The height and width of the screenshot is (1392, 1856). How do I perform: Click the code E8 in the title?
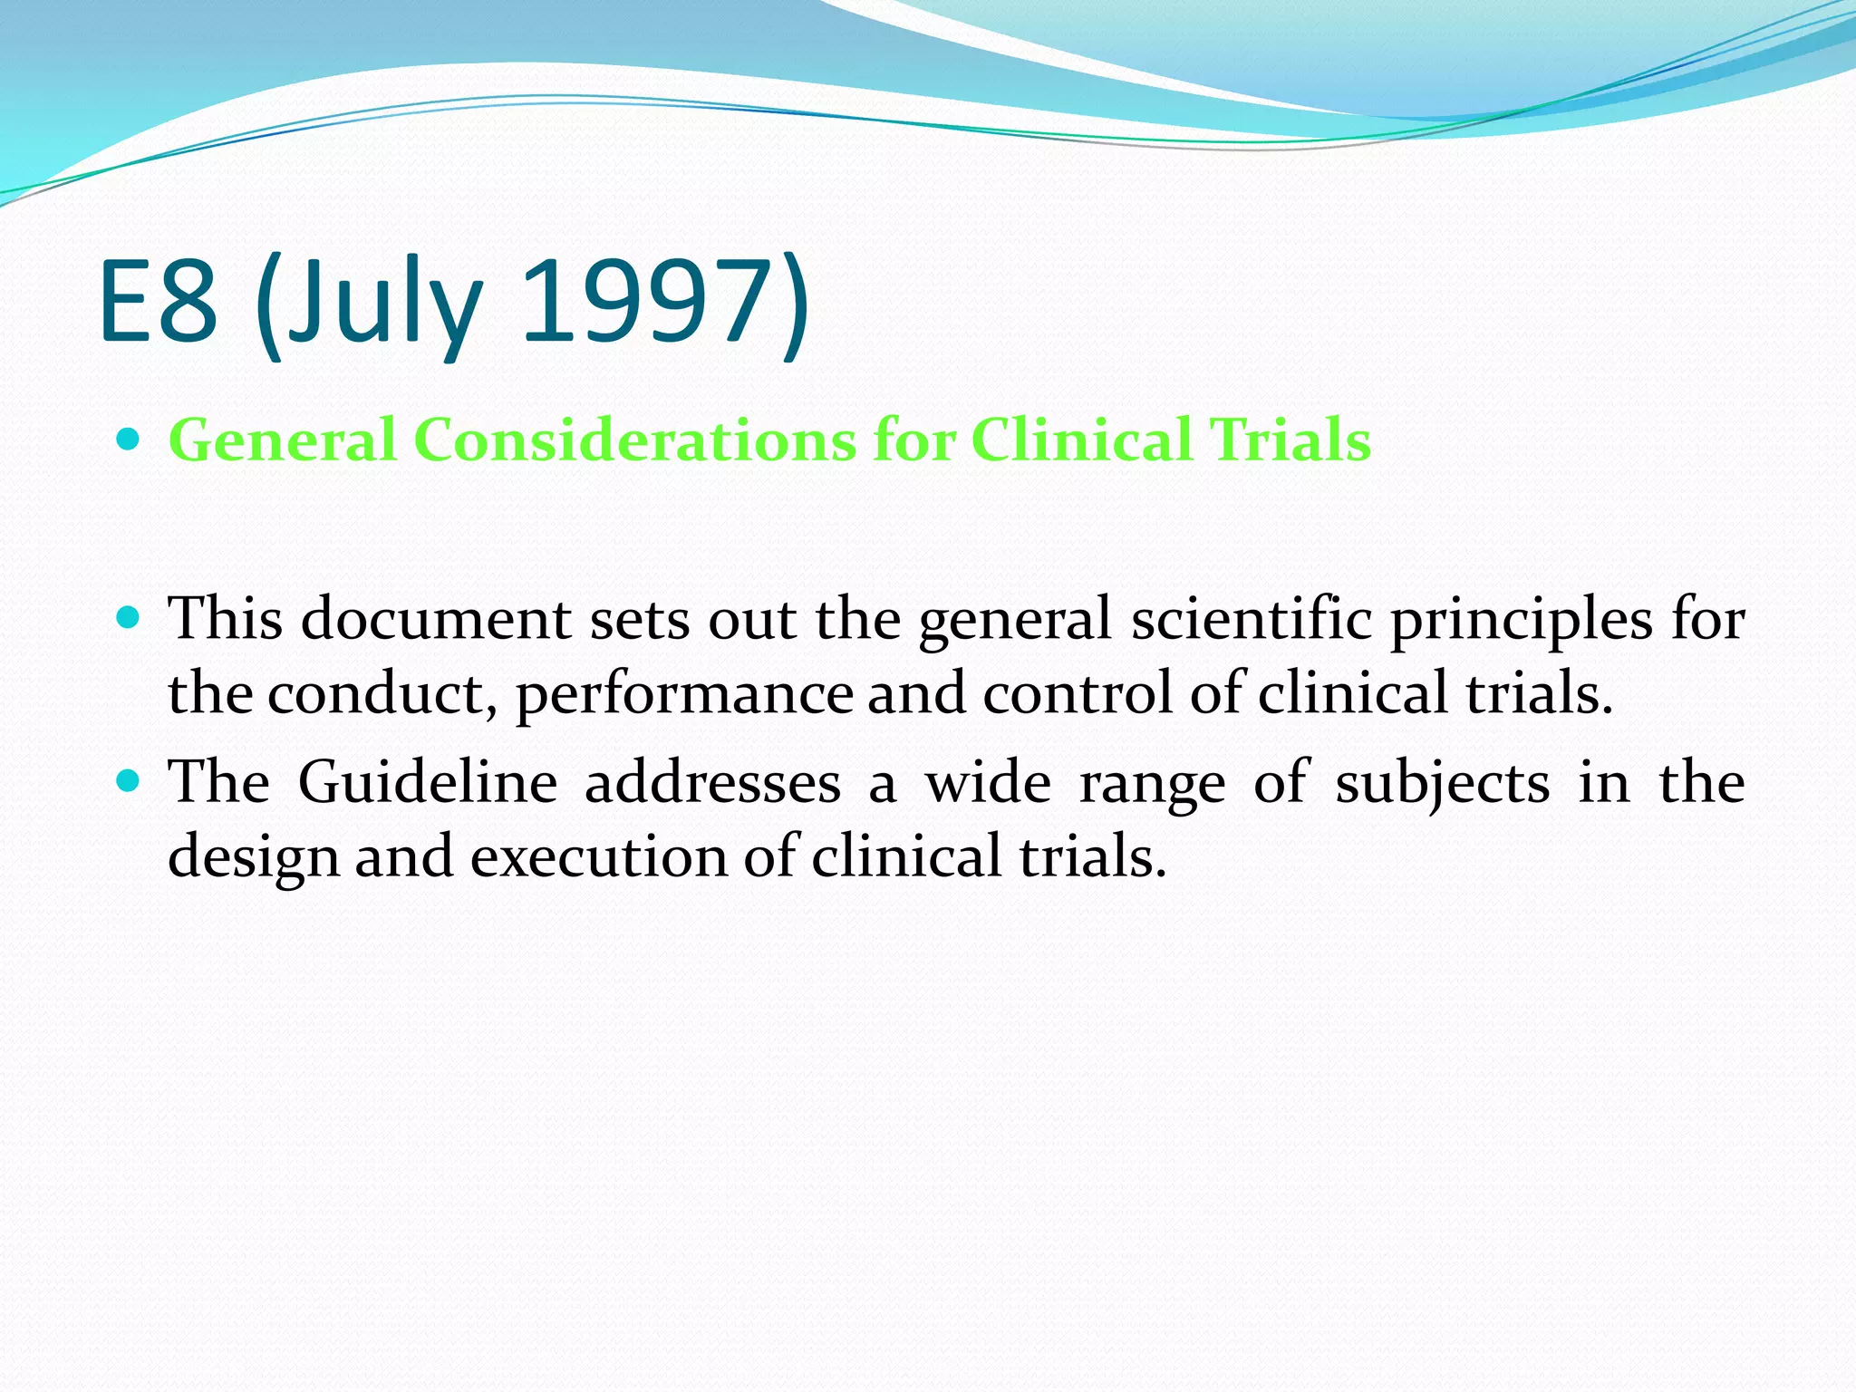coord(159,303)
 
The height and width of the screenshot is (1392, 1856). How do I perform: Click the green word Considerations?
coord(634,440)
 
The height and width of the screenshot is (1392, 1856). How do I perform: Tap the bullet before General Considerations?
coord(129,440)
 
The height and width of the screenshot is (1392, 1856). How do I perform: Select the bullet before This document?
coord(129,619)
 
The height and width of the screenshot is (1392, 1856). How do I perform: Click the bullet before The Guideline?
coord(129,781)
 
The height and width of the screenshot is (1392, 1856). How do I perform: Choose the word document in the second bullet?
coord(436,620)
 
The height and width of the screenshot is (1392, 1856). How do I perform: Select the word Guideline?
coord(427,783)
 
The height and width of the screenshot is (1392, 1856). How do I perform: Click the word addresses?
coord(712,783)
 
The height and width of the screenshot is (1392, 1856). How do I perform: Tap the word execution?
coord(599,857)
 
